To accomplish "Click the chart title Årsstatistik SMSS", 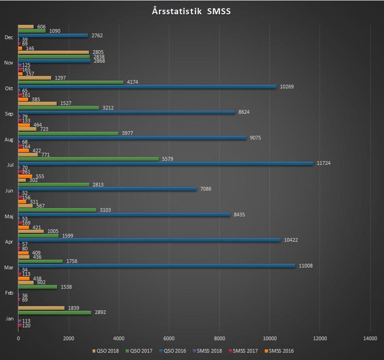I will coord(191,11).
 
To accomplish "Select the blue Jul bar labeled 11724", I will coord(165,163).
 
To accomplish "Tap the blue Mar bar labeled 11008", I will coord(157,266).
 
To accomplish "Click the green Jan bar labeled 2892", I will coord(55,312).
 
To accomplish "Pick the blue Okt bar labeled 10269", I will coord(147,87).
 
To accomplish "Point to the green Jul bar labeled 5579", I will coord(88,159).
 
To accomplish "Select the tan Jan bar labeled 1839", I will coord(41,308).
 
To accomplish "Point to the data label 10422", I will coord(291,240).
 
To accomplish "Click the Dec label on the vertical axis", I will coord(9,37).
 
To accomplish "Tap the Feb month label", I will coord(9,293).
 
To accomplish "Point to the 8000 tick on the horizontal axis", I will coord(219,338).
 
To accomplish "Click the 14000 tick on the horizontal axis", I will coord(370,338).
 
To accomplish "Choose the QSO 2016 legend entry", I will coord(174,351).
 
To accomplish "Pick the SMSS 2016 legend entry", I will coord(281,351).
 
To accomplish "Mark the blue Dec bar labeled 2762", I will coord(53,35).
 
